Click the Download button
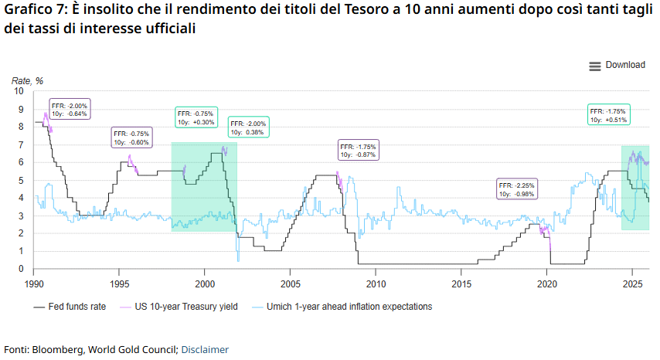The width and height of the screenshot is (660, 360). coord(624,66)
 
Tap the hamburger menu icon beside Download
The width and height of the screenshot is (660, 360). coord(595,66)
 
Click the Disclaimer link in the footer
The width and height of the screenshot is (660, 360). coord(205,349)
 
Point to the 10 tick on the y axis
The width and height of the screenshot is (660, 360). coord(21,91)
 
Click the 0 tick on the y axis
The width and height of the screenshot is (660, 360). coord(22,270)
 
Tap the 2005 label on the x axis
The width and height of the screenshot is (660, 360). coord(290,283)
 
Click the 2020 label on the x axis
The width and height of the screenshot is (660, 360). coord(547,283)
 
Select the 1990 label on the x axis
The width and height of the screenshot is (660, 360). coord(33,283)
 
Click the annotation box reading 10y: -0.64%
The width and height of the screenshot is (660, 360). coord(70,109)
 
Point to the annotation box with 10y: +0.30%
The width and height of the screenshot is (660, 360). coord(196,117)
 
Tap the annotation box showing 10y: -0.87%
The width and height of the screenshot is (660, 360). coord(358,151)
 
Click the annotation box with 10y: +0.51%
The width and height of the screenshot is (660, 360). coord(609,115)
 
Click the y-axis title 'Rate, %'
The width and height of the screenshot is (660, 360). coord(27,81)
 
